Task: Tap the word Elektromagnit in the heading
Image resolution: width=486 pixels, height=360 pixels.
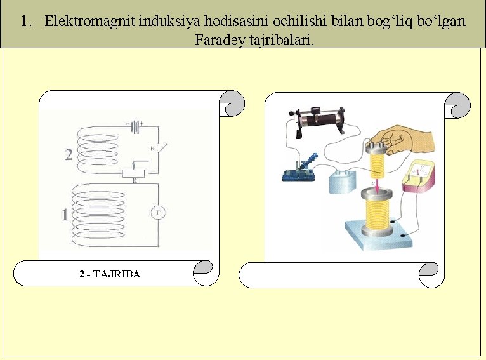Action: (90, 21)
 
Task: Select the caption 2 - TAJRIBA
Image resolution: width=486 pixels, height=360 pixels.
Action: (109, 274)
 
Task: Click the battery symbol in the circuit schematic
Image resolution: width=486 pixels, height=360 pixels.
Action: (135, 126)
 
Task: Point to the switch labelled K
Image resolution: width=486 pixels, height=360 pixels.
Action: (159, 147)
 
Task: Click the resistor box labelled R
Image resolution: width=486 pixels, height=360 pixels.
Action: (134, 173)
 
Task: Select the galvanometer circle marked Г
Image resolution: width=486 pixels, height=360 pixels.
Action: (158, 213)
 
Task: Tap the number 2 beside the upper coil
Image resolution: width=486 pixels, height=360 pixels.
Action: (69, 154)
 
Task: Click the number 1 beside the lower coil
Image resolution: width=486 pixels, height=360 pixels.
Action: (65, 215)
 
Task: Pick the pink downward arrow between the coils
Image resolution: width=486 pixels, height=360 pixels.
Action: (377, 187)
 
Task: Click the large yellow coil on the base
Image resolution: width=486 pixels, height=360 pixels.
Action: (377, 212)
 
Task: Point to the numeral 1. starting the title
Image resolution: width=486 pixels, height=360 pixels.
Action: (27, 21)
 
